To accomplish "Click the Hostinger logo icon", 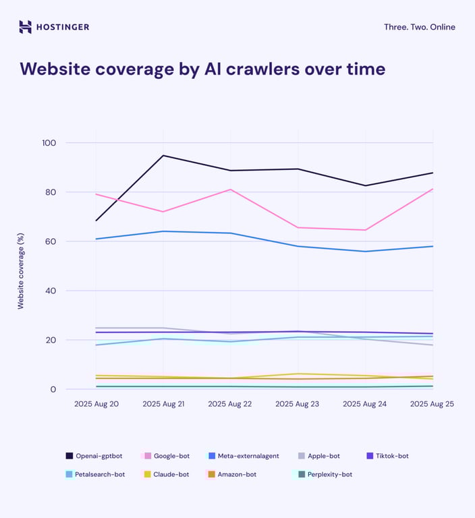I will [25, 27].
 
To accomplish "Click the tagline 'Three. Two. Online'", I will [419, 27].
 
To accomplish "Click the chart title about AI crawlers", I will [202, 69].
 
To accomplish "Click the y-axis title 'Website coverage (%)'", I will [21, 267].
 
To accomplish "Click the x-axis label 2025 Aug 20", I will [96, 403].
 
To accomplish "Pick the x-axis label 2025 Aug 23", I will [298, 403].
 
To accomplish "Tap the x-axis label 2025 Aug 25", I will [432, 403].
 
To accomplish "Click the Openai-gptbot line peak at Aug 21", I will [163, 156].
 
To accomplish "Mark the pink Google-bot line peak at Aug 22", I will [231, 190].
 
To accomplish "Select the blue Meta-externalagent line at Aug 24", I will [366, 252].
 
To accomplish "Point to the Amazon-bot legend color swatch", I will [211, 474].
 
